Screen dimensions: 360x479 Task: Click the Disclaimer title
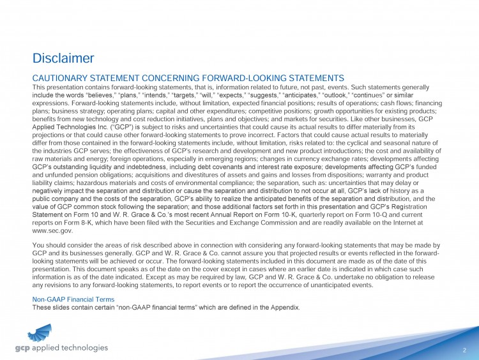(x=63, y=59)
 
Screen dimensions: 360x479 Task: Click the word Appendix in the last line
(x=284, y=307)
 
